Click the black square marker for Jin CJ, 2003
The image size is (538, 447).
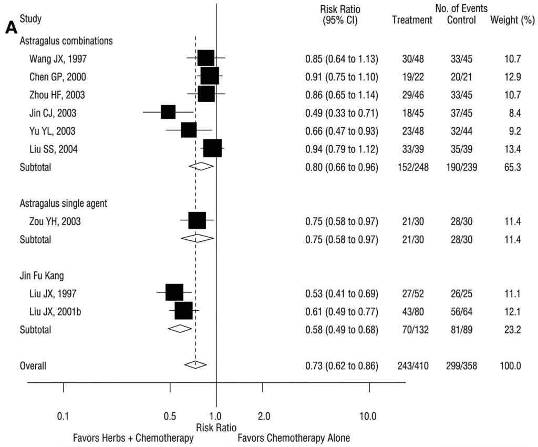pyautogui.click(x=168, y=112)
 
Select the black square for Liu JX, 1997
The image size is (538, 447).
pyautogui.click(x=174, y=292)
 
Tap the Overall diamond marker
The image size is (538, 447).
pyautogui.click(x=195, y=364)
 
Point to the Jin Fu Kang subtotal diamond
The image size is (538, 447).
pyautogui.click(x=180, y=329)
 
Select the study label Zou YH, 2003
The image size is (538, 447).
pyautogui.click(x=55, y=221)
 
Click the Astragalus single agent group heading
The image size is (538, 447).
pyautogui.click(x=64, y=202)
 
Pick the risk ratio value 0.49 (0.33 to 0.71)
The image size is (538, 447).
pyautogui.click(x=342, y=113)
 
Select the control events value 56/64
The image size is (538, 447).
pyautogui.click(x=462, y=312)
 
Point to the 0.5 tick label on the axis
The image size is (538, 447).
pyautogui.click(x=169, y=416)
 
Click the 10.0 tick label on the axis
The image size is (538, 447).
pyautogui.click(x=367, y=416)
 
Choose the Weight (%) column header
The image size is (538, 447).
pyautogui.click(x=509, y=21)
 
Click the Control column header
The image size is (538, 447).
pyautogui.click(x=461, y=21)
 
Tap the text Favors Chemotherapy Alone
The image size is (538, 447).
pyautogui.click(x=294, y=438)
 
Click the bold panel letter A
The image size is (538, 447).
pyautogui.click(x=11, y=28)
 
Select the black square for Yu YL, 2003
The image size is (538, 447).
pyautogui.click(x=189, y=130)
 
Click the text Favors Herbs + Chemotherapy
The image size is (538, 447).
pyautogui.click(x=133, y=438)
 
